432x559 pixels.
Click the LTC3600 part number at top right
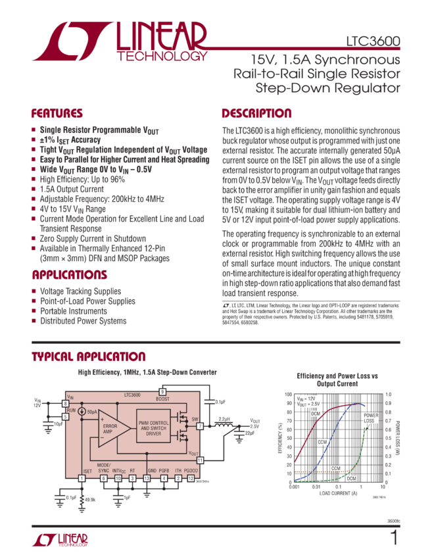(373, 40)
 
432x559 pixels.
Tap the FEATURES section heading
(57, 112)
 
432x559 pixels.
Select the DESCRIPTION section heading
(256, 112)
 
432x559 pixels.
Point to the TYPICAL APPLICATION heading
(89, 356)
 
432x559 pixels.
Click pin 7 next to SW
(200, 426)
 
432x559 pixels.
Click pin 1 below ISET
(82, 478)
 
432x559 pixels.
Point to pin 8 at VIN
(65, 402)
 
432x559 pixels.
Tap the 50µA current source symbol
(82, 412)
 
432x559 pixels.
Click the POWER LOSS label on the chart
(370, 418)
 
